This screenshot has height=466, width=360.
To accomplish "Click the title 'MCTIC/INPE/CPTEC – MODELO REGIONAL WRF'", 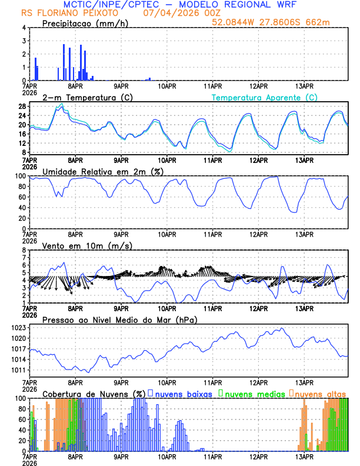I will (179, 4).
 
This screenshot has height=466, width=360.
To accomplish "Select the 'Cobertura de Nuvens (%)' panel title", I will (94, 393).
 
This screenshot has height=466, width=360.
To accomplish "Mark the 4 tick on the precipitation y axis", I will (24, 28).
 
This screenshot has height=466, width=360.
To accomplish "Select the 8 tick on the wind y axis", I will (24, 250).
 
